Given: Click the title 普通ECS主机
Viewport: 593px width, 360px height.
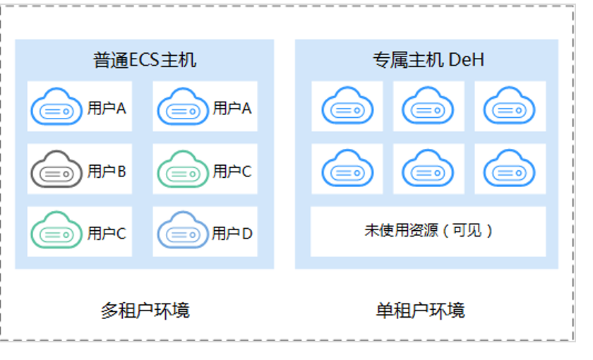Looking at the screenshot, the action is (145, 60).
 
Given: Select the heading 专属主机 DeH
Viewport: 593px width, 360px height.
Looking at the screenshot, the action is (429, 60).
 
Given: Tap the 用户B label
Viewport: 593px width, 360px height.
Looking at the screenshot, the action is (107, 172).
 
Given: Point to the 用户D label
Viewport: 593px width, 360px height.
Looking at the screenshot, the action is (232, 234).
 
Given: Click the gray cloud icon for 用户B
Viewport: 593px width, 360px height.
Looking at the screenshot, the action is (56, 169).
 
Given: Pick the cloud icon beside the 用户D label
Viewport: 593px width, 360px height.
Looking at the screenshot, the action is (183, 230).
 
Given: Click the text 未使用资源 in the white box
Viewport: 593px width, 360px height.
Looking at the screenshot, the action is (401, 230).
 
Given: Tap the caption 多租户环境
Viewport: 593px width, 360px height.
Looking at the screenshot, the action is (145, 311).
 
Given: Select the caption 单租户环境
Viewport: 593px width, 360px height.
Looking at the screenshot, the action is (420, 311).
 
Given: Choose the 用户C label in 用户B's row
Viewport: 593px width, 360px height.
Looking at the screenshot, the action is (232, 172).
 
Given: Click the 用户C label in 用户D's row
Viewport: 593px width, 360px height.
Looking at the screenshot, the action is (107, 234).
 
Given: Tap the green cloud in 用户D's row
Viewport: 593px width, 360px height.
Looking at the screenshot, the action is (56, 230).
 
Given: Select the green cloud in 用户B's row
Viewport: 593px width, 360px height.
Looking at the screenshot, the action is (183, 169).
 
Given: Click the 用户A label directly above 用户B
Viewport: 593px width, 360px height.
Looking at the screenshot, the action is (107, 109).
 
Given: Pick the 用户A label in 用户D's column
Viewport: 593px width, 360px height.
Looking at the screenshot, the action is (232, 109).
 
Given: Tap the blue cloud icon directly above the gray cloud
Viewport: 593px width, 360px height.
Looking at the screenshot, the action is (56, 107).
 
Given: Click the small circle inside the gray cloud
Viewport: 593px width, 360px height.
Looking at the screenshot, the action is (66, 174).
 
